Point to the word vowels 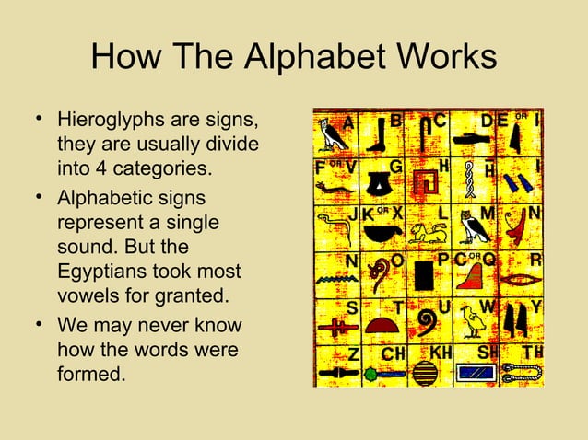pyautogui.click(x=89, y=296)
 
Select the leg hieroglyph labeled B pyautogui.click(x=376, y=138)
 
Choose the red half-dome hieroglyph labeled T pyautogui.click(x=381, y=325)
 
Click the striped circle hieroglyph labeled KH pyautogui.click(x=425, y=372)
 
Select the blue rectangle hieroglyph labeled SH pyautogui.click(x=476, y=373)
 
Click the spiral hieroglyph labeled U pyautogui.click(x=426, y=321)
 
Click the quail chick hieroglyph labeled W pyautogui.click(x=473, y=321)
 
